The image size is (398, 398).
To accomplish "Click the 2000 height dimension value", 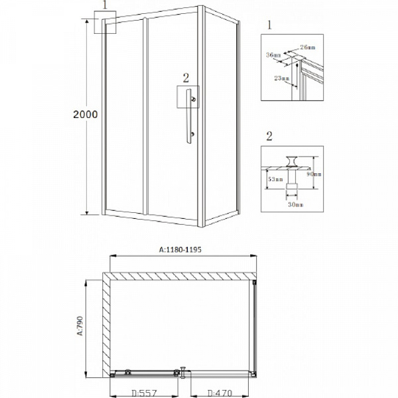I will [86, 114].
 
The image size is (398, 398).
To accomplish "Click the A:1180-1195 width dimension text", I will [179, 249].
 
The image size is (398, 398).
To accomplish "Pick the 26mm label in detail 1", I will [307, 47].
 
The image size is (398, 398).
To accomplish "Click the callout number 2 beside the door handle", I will [186, 78].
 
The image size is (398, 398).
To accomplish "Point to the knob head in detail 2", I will [291, 160].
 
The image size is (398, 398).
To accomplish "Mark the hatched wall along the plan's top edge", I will [179, 276].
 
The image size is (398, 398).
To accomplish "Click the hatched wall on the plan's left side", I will [105, 325].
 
